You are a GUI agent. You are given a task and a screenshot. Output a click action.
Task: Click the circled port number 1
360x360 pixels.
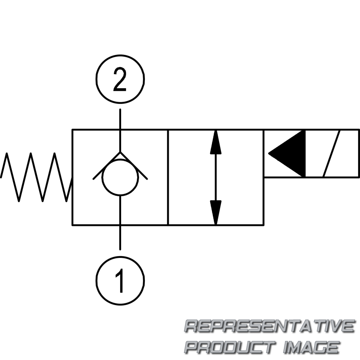[120, 274]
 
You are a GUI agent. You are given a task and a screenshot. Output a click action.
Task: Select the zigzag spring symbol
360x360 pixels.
[36, 177]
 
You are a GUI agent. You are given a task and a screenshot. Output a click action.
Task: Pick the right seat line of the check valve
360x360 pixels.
[134, 166]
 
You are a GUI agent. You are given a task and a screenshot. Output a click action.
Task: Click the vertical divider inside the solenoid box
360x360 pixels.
[306, 153]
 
